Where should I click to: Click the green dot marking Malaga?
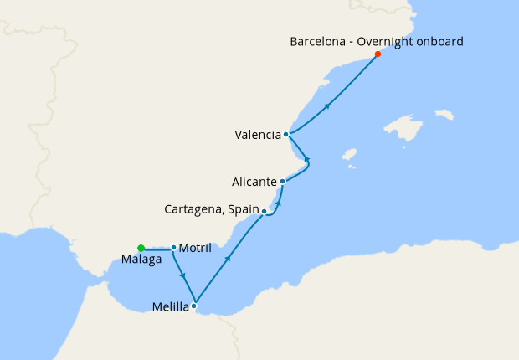coord(141,247)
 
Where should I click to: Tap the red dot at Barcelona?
coord(378,54)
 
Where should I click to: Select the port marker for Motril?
coord(173,247)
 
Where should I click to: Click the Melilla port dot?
coord(194,306)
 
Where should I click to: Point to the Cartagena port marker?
coord(264,211)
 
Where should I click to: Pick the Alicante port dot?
coord(283,181)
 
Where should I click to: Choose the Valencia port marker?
coord(286,134)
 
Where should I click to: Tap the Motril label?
coord(193,248)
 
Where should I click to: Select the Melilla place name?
coord(170,307)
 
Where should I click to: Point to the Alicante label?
coord(255,182)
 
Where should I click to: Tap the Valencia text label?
coord(258,134)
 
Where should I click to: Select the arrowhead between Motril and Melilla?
coord(182,276)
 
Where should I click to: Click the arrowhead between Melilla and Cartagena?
coord(228,260)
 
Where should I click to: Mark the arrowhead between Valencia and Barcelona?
coord(328,105)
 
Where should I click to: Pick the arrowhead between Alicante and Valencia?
coord(307,158)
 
